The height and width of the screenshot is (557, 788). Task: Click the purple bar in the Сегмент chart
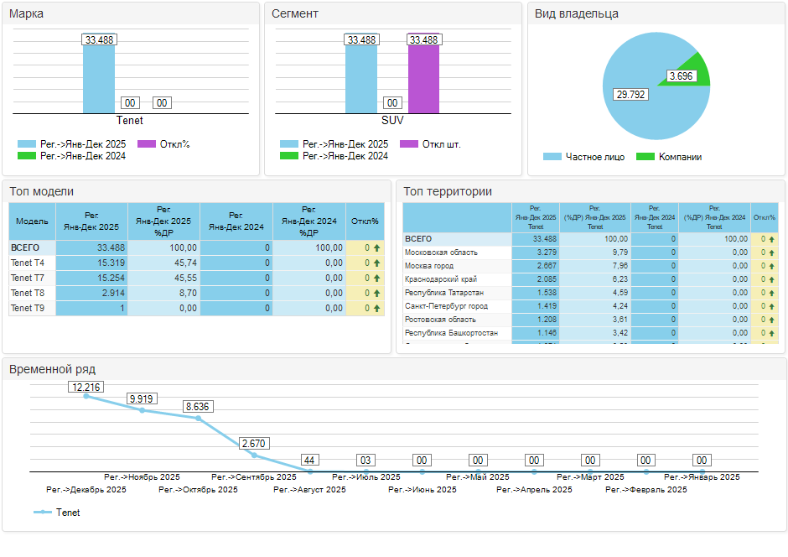click(423, 80)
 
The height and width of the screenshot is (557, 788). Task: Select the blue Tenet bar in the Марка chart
click(98, 80)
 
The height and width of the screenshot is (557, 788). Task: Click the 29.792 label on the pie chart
click(630, 95)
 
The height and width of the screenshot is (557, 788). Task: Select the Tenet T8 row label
click(28, 293)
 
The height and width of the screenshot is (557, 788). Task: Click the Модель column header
click(31, 221)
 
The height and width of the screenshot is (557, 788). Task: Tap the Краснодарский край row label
click(441, 279)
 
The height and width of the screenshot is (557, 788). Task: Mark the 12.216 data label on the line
click(86, 388)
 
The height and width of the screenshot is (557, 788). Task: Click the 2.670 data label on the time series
click(254, 443)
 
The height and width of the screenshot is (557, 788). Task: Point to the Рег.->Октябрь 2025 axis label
click(198, 490)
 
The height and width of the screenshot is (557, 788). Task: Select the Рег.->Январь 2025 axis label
click(702, 477)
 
